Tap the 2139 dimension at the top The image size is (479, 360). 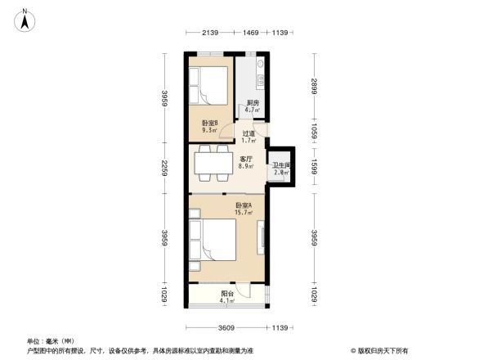209,32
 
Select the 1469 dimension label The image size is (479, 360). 250,32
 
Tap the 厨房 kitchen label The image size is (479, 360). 253,102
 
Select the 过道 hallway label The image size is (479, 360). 248,133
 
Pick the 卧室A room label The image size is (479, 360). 243,205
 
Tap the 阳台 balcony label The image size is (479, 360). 226,294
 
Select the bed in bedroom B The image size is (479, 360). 209,84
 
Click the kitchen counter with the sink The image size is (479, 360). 259,75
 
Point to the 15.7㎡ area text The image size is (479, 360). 244,213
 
